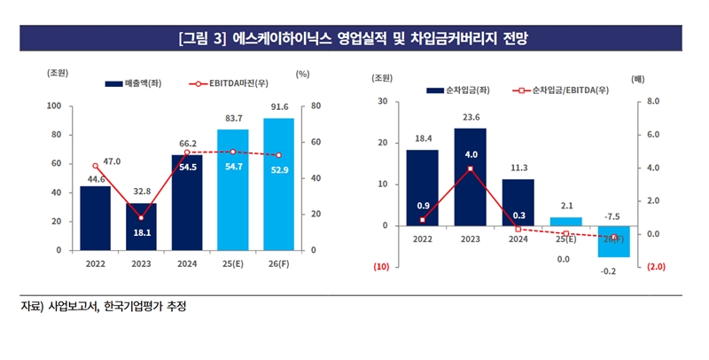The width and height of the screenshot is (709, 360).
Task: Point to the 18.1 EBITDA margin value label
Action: (141, 232)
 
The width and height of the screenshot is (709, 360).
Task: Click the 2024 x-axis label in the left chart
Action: (187, 263)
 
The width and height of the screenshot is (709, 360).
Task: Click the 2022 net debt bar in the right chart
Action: (422, 188)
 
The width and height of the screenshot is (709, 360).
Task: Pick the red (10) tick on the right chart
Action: (381, 267)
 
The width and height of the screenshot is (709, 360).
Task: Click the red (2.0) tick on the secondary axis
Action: (657, 267)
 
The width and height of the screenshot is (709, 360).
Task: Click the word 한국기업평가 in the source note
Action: (133, 307)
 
